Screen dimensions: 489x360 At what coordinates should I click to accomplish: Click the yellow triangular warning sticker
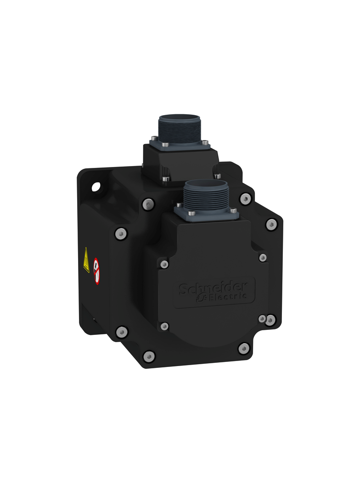pyautogui.click(x=86, y=260)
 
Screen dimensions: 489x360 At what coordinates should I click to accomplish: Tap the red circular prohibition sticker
pyautogui.click(x=96, y=271)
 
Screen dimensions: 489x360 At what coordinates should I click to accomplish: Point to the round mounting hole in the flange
pyautogui.click(x=96, y=187)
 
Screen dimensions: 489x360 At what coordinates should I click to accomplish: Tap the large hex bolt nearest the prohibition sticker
pyautogui.click(x=120, y=234)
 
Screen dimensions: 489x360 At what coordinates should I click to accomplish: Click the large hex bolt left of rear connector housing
pyautogui.click(x=147, y=204)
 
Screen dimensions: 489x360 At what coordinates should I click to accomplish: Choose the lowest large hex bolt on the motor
pyautogui.click(x=149, y=356)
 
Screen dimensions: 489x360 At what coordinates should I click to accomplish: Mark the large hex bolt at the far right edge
pyautogui.click(x=271, y=225)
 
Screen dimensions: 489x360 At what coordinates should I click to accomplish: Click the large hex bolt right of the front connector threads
pyautogui.click(x=246, y=199)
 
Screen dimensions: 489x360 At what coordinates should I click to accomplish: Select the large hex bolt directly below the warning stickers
pyautogui.click(x=122, y=332)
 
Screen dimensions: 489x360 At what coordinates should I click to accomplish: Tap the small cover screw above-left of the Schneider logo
pyautogui.click(x=164, y=264)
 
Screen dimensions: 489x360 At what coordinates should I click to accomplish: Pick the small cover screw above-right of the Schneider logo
pyautogui.click(x=263, y=258)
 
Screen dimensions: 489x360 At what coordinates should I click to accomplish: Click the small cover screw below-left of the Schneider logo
pyautogui.click(x=164, y=326)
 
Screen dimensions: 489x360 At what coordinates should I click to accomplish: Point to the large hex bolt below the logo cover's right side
pyautogui.click(x=244, y=349)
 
